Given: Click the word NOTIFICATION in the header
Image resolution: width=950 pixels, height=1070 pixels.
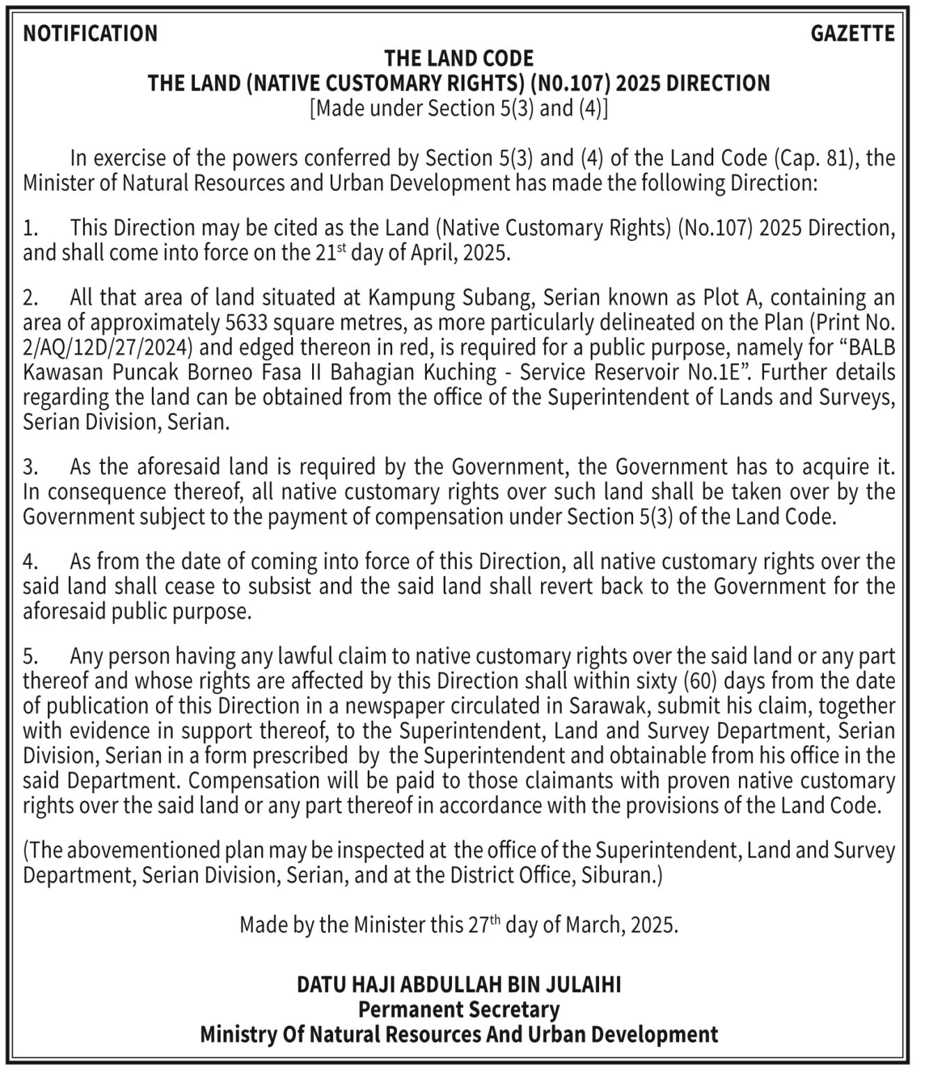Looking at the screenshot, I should [91, 33].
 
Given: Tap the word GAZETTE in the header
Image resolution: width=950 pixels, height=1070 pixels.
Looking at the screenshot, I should [852, 33].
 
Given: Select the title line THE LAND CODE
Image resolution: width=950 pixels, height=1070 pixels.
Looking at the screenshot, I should [459, 58].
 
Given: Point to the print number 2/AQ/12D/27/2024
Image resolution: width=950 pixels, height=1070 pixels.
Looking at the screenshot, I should [108, 348].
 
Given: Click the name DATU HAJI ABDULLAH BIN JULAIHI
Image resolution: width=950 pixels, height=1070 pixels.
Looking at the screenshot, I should [459, 984].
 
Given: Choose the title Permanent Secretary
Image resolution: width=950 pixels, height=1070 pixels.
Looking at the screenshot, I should [459, 1009].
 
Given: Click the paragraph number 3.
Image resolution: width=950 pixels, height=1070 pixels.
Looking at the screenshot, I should [30, 467].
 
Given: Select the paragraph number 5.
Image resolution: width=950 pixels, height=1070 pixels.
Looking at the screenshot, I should [30, 656].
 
